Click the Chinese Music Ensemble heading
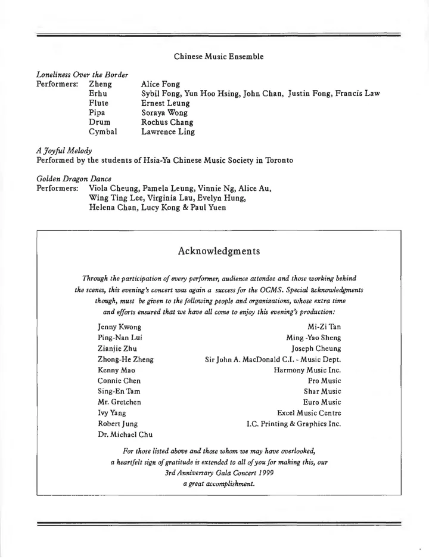(x=219, y=57)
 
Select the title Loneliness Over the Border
(x=82, y=75)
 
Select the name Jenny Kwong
(x=119, y=327)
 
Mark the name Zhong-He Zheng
(x=125, y=359)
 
